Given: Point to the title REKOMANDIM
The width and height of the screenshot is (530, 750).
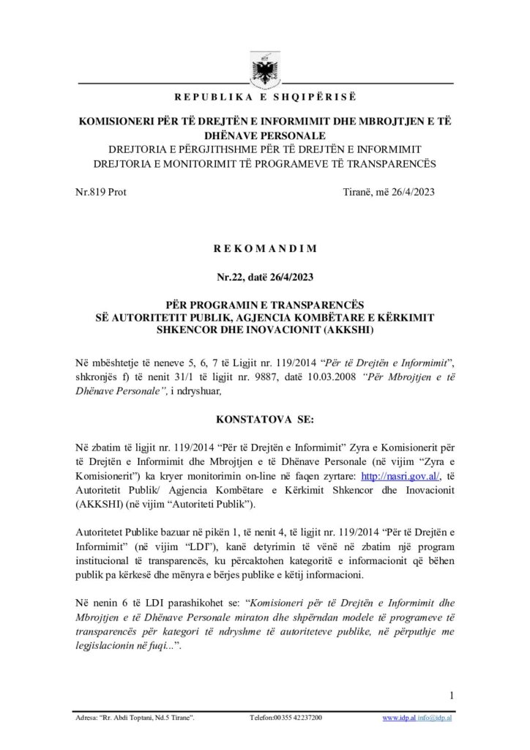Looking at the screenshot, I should [x=265, y=248].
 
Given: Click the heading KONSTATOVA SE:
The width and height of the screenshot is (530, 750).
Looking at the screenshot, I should [x=265, y=422].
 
